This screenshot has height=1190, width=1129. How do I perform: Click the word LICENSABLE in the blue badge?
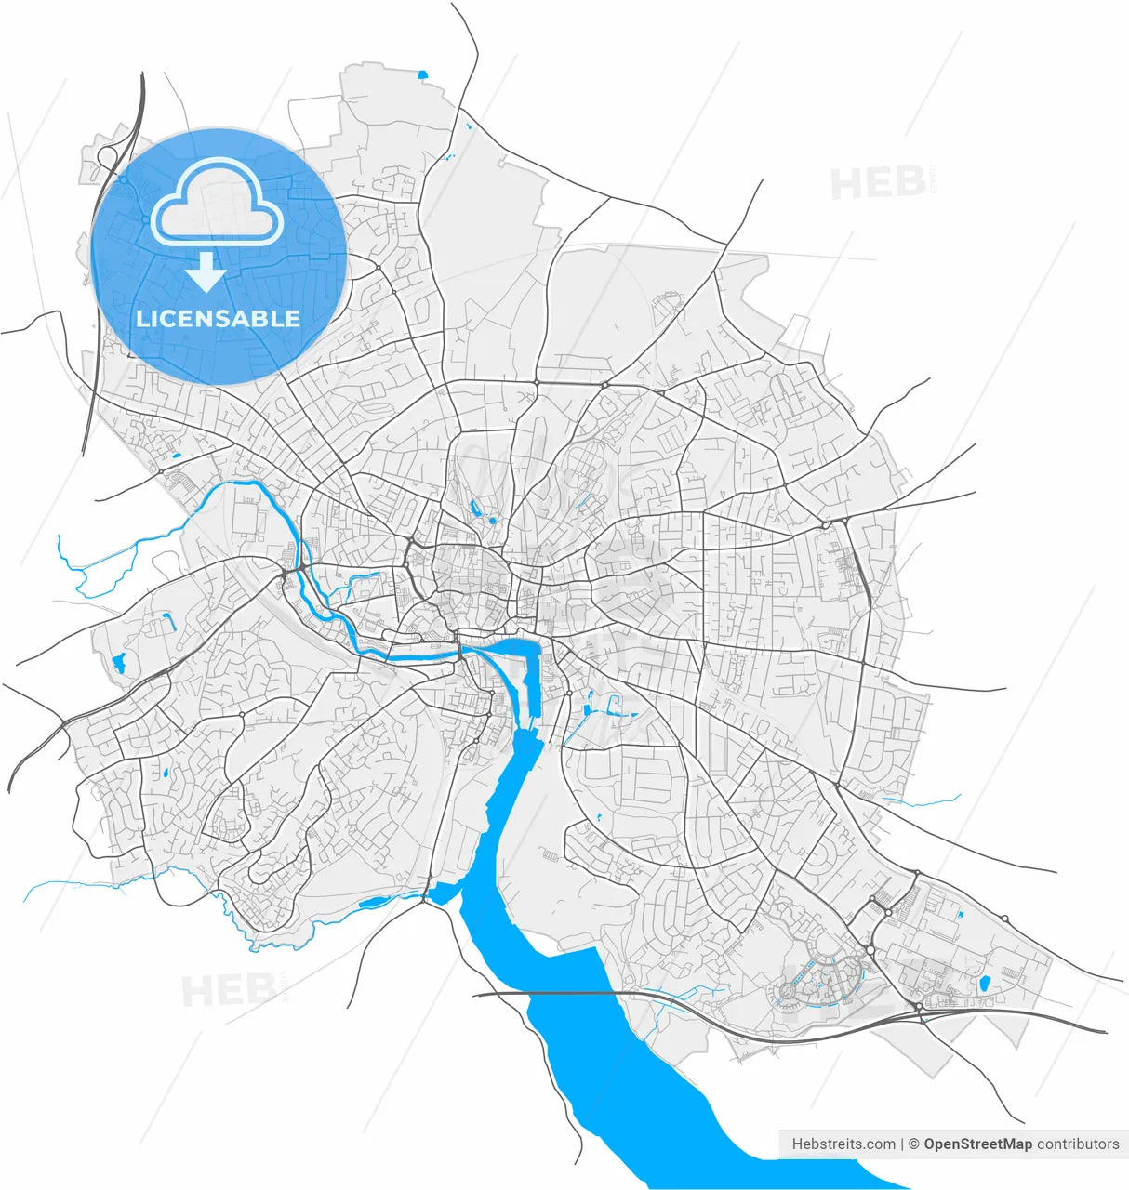point(218,318)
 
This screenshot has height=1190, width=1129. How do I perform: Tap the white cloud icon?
point(218,203)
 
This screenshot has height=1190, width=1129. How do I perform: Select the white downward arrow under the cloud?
point(206,272)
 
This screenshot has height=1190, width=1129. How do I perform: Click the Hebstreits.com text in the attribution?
point(843,1144)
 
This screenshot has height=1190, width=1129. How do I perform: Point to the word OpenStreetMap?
point(977,1144)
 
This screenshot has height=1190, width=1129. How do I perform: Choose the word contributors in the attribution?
point(1078,1144)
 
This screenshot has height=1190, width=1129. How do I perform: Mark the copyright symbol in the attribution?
point(914,1144)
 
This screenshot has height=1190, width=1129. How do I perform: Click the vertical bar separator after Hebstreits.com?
point(902,1144)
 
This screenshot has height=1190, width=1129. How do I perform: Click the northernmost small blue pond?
point(422,74)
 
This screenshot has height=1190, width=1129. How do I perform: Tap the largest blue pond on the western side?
point(118,663)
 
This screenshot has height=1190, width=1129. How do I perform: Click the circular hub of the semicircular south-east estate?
point(788,992)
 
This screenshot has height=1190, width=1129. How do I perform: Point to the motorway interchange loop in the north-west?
point(107,155)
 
